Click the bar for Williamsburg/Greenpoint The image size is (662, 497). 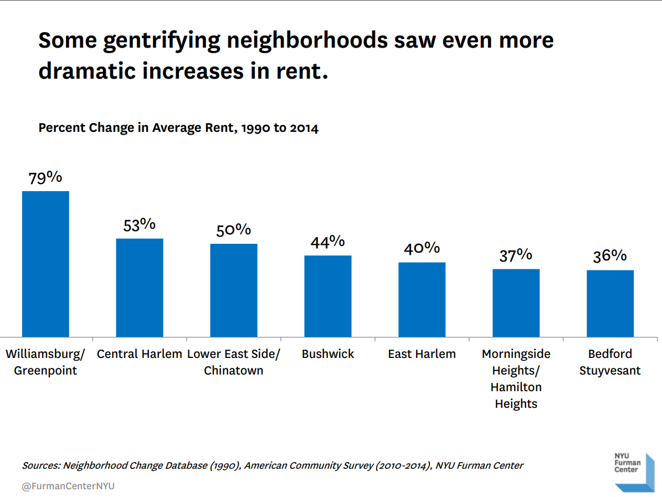[x=45, y=264]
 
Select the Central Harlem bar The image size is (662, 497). [x=140, y=288]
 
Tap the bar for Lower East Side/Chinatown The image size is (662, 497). [x=234, y=290]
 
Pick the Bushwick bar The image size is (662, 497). [x=328, y=296]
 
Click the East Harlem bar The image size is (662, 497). [x=422, y=299]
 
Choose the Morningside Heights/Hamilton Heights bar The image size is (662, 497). [x=516, y=303]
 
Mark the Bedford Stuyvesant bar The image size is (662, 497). [x=610, y=303]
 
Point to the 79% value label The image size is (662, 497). [x=45, y=177]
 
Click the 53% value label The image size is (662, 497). [x=140, y=224]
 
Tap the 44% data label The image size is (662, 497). [x=328, y=242]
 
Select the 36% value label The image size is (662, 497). [x=610, y=256]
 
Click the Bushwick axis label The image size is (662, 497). [x=328, y=354]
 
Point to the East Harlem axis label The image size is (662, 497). [x=422, y=354]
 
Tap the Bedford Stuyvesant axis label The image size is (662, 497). [x=610, y=362]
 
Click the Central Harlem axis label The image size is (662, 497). [x=140, y=354]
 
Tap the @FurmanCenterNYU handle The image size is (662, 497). [x=68, y=486]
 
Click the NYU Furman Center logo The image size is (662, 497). [x=634, y=472]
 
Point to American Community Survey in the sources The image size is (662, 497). [x=309, y=465]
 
